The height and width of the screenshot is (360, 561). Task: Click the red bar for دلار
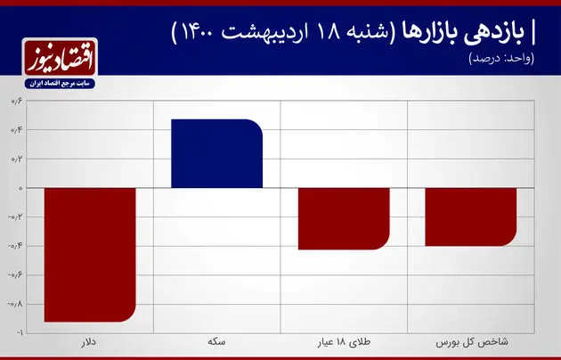click(90, 254)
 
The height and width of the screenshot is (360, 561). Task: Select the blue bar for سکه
click(217, 153)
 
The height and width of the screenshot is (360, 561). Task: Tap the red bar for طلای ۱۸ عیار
click(344, 218)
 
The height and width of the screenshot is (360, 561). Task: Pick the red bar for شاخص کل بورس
click(470, 217)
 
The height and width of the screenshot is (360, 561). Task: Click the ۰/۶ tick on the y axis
click(17, 102)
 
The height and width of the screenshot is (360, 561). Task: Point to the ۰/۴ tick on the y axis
click(17, 130)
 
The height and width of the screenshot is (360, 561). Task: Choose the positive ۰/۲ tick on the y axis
click(17, 160)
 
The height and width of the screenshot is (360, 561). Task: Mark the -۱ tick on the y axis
click(17, 332)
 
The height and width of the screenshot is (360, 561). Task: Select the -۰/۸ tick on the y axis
click(15, 303)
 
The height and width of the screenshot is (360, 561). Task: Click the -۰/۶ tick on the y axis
click(15, 274)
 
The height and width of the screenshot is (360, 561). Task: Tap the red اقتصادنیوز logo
click(63, 61)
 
